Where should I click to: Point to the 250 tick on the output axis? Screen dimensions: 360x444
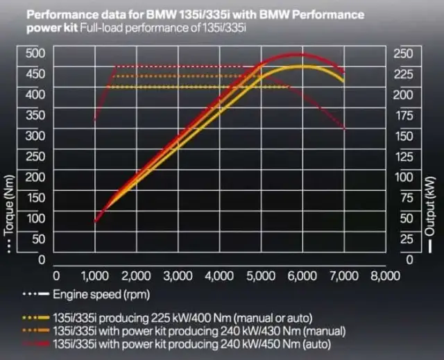tap(403, 53)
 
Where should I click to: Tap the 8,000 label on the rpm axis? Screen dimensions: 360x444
tap(385, 275)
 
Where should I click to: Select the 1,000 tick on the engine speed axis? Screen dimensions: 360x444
tap(95, 275)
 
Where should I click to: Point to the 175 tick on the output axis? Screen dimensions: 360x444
tap(403, 114)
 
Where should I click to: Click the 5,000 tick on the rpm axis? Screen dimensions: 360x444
tap(261, 275)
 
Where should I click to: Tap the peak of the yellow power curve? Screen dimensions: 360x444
tap(302, 67)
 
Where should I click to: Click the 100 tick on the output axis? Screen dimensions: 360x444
tap(403, 176)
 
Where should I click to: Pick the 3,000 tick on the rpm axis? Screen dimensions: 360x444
tap(178, 275)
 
